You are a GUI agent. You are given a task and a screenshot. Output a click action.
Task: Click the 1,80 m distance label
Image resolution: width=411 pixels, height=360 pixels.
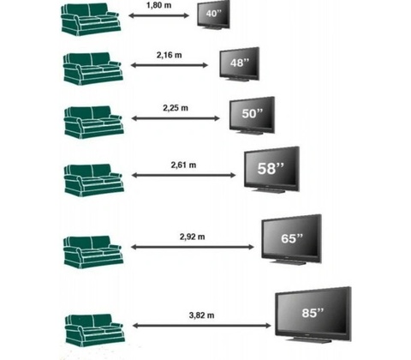tap(159, 5)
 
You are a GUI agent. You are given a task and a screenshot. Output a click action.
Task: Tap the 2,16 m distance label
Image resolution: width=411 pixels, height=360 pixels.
tap(169, 55)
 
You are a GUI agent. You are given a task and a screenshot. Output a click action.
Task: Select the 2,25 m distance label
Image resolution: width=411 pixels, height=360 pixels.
tap(176, 108)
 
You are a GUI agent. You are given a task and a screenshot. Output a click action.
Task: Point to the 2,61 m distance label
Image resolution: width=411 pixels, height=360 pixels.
tap(183, 165)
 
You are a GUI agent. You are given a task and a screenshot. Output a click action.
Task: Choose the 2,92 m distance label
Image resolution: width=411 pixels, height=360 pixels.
tap(193, 237)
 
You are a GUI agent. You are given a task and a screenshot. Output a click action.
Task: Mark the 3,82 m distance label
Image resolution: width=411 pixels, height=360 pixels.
tap(201, 315)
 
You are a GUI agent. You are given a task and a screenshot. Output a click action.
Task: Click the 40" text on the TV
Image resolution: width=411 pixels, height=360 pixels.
tap(213, 14)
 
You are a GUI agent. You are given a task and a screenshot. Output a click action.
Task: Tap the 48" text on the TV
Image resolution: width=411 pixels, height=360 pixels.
tap(240, 63)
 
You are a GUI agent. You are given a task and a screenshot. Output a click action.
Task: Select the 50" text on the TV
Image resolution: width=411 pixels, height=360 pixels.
tap(252, 113)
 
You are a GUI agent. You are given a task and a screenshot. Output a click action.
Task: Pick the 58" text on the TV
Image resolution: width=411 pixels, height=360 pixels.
tap(271, 168)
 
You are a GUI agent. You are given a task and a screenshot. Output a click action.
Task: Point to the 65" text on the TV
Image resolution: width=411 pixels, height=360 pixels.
tap(292, 238)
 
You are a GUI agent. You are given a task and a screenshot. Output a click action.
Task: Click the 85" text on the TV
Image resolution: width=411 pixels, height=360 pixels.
tap(313, 313)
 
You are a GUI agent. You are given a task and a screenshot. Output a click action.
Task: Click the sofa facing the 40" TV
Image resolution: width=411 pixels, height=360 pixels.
tap(90, 20)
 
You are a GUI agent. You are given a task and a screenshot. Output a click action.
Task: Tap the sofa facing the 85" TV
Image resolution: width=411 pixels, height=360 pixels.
tap(95, 330)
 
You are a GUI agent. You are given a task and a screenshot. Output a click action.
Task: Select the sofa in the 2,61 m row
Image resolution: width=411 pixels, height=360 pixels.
tap(94, 180)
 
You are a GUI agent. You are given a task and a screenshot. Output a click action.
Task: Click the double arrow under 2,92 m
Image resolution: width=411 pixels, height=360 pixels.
tap(193, 247)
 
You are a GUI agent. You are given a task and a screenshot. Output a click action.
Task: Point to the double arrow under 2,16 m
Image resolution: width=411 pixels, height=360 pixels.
tap(170, 65)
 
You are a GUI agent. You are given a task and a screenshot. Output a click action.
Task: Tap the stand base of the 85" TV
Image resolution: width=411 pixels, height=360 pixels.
tap(309, 339)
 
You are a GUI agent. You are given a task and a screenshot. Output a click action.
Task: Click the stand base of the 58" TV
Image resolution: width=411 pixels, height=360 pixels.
tap(268, 190)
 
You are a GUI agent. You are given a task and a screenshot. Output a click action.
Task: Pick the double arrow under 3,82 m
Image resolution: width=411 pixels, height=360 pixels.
tap(202, 326)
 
